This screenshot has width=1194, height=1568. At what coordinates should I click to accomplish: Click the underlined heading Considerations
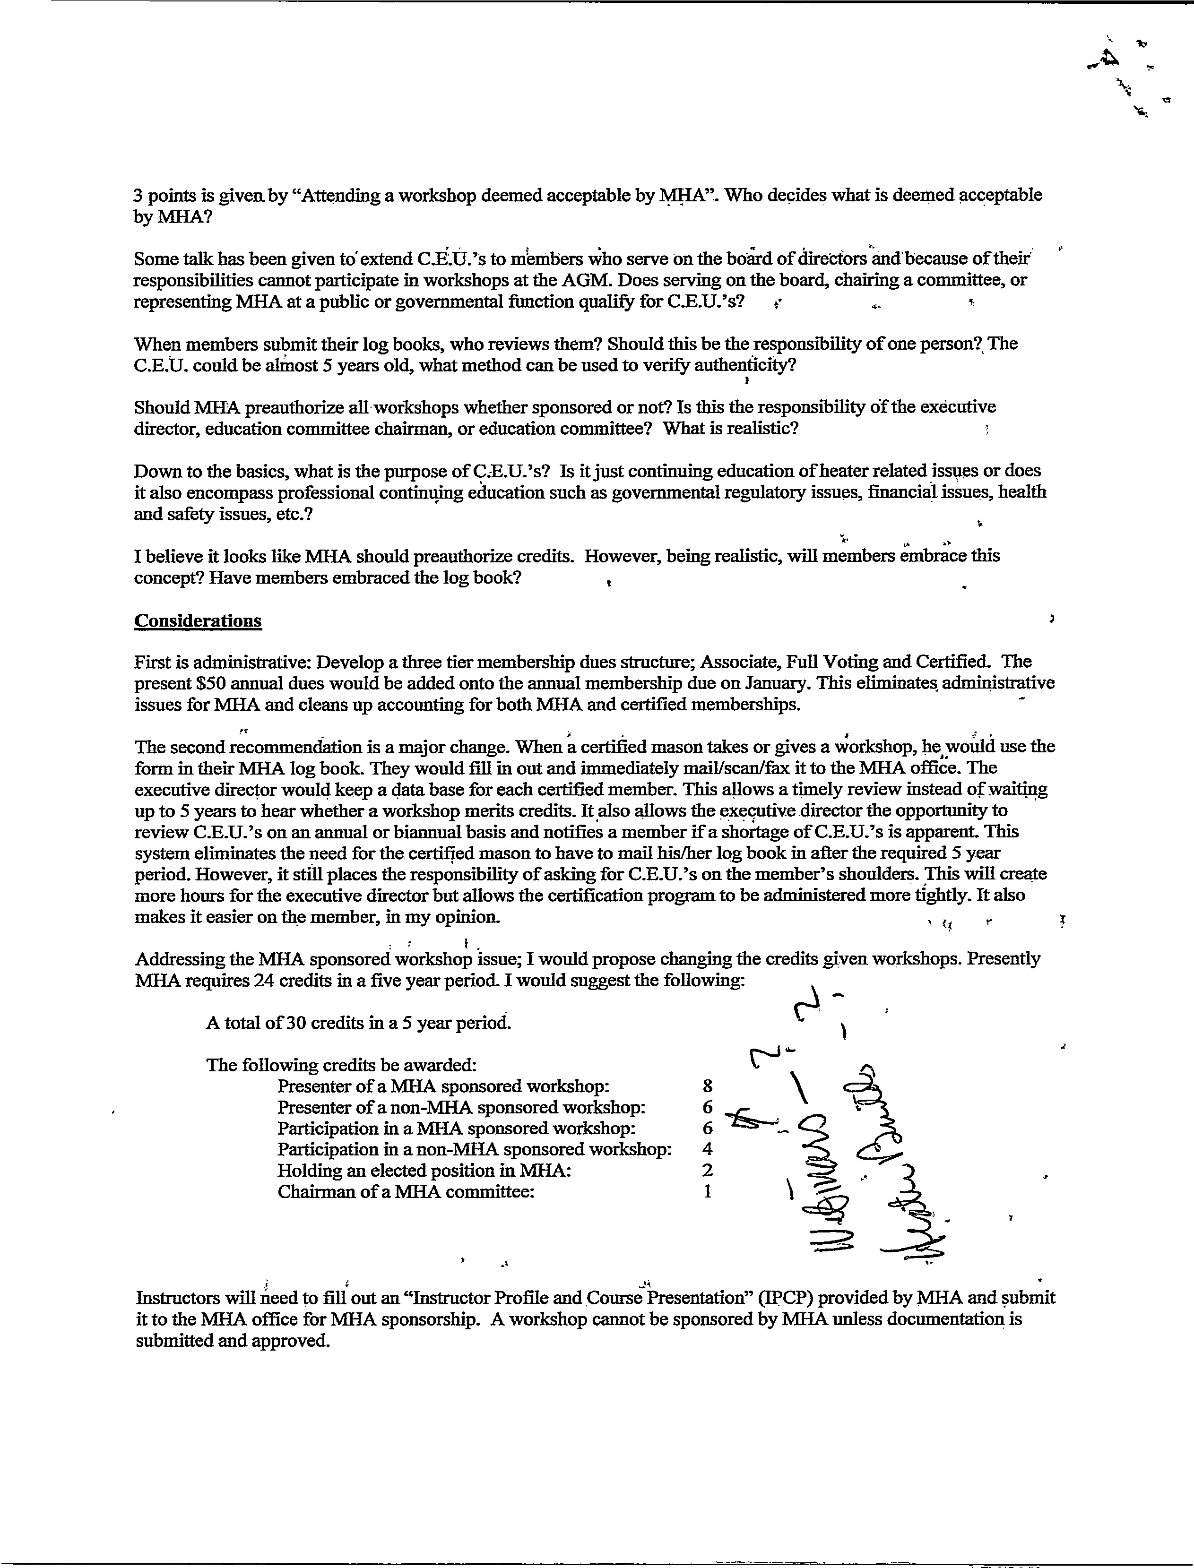(198, 621)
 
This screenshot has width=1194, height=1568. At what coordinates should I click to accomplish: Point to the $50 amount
(197, 683)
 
